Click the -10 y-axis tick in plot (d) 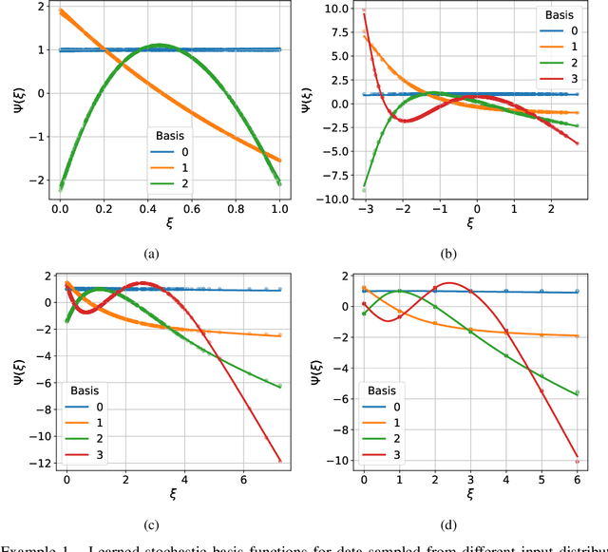coord(338,460)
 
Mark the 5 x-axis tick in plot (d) coord(542,480)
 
